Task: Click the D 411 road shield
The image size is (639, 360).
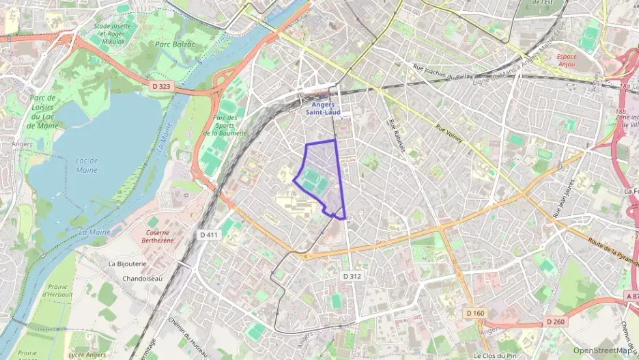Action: point(209,235)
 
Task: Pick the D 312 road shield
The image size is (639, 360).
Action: point(352,276)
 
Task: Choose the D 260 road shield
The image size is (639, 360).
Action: point(556,322)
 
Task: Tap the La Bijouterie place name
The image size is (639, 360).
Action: point(128,263)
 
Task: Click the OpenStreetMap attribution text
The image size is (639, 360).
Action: point(602,350)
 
